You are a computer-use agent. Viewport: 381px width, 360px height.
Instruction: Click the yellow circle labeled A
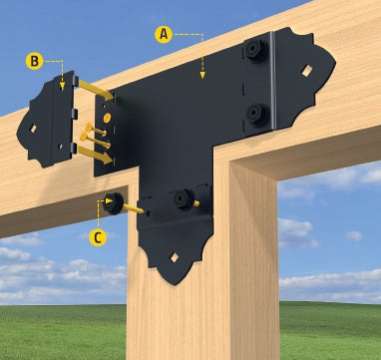(164, 35)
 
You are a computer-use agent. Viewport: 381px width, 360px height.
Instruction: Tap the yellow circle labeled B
(35, 61)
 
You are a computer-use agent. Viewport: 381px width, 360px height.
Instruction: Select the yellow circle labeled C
(98, 237)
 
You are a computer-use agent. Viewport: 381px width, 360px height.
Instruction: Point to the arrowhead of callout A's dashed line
(202, 76)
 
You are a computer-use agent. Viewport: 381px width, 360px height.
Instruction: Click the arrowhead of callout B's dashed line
(62, 87)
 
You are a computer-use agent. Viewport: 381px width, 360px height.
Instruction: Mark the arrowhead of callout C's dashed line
(109, 200)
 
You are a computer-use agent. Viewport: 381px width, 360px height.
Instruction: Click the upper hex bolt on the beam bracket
(256, 51)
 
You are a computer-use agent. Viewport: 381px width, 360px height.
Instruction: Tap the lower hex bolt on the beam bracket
(258, 115)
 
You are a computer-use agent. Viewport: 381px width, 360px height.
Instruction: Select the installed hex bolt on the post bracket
(185, 199)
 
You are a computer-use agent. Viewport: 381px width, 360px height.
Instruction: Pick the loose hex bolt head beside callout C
(113, 203)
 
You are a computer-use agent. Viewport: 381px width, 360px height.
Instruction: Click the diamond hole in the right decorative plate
(307, 71)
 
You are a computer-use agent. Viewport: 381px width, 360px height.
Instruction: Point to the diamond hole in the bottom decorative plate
(175, 257)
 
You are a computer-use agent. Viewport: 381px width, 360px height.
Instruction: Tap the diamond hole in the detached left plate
(33, 129)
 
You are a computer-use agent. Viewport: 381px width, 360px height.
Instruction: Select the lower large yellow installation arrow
(95, 156)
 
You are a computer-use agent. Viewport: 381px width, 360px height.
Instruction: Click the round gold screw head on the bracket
(107, 118)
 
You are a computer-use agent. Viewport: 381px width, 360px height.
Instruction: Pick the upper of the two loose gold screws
(96, 130)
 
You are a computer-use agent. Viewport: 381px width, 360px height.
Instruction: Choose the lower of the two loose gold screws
(95, 140)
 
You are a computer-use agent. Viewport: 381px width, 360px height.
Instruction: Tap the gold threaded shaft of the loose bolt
(134, 208)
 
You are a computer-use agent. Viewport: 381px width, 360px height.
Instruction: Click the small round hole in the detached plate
(60, 146)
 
